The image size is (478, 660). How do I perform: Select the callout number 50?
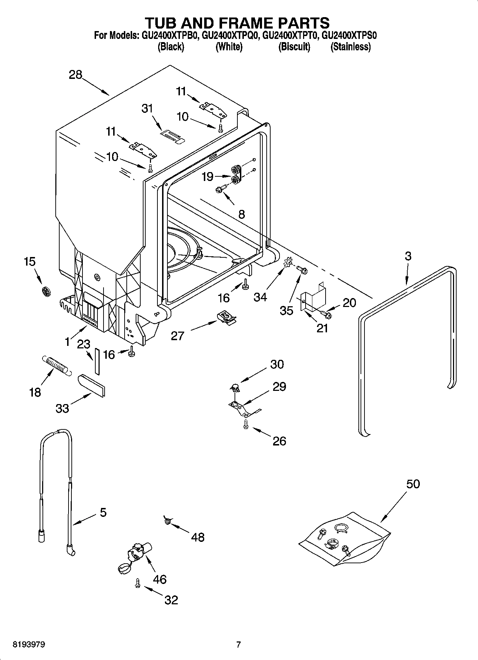tap(413, 484)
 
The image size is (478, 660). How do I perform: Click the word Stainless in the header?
tap(351, 47)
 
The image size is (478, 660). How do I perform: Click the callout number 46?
tap(160, 579)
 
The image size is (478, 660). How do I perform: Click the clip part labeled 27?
tap(226, 316)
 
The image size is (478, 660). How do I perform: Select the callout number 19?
tap(208, 176)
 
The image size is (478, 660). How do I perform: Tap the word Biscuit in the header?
tap(294, 47)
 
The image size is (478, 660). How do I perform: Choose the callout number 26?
tap(279, 441)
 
